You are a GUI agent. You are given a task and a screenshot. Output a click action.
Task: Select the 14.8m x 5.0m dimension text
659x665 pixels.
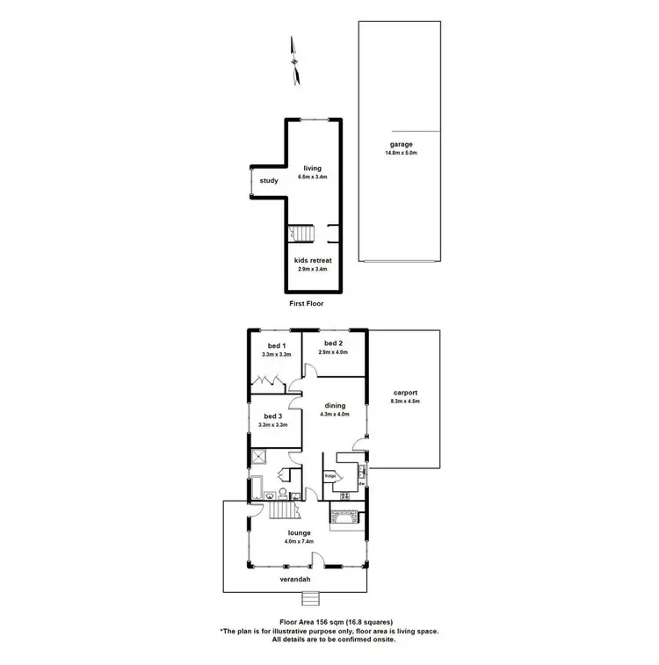[x=401, y=154]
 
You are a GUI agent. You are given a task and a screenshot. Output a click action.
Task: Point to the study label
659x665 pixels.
[x=269, y=181]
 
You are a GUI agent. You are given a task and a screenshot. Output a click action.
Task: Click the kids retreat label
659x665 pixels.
[x=313, y=260]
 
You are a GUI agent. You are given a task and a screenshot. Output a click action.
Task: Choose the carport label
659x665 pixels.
[x=406, y=393]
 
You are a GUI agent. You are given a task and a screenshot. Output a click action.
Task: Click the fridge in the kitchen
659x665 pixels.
[x=331, y=477]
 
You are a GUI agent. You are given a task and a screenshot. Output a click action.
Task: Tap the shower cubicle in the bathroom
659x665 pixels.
[x=259, y=456]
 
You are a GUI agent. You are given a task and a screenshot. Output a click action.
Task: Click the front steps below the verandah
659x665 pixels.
[x=310, y=599]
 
